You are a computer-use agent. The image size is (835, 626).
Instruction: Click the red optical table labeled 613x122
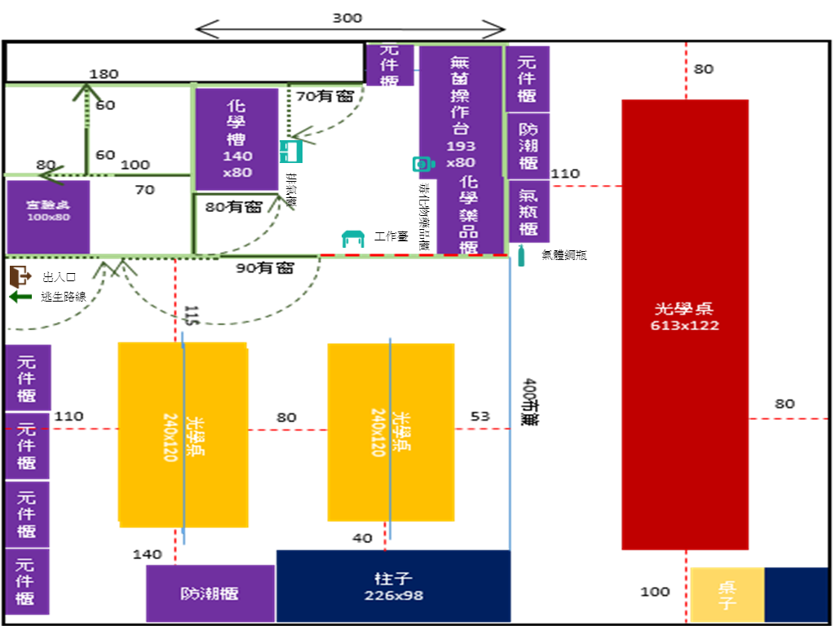coord(685,324)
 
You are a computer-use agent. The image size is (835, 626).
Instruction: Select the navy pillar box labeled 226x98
coord(392,586)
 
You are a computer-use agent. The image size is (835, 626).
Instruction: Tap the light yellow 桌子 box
coord(727,595)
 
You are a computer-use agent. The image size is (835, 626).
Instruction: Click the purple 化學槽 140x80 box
coord(236,139)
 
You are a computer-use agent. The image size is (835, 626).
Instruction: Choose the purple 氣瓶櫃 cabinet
coord(528,210)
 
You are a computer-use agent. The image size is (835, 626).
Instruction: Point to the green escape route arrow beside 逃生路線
coord(20,297)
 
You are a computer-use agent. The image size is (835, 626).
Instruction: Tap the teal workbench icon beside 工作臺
coord(353,238)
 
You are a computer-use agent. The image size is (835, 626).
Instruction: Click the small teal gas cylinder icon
coord(522,255)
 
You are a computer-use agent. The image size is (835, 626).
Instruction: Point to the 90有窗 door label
coord(264,267)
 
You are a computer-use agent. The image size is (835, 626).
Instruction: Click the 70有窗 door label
coord(325,96)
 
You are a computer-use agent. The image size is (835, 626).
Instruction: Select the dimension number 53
coord(480,417)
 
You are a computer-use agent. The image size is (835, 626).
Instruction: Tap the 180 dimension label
coord(104,74)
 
